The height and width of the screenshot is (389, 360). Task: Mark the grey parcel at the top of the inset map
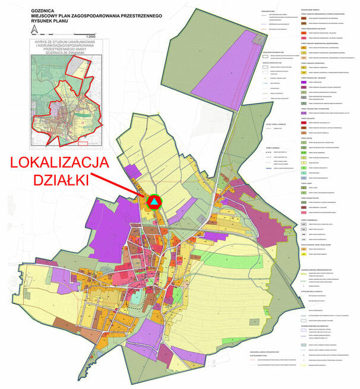[x=77, y=65]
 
